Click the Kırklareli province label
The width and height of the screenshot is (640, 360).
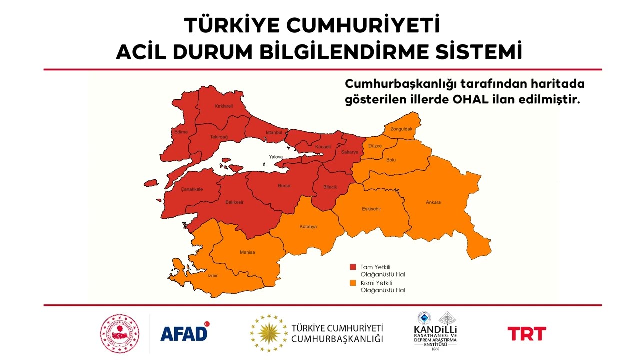[x=224, y=106]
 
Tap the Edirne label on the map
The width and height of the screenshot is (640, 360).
[x=180, y=132]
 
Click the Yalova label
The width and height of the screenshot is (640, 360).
[x=276, y=156]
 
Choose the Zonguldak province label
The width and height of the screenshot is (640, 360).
[x=401, y=129]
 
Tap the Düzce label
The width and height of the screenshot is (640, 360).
[x=375, y=146]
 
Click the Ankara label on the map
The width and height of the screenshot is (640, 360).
[x=433, y=202]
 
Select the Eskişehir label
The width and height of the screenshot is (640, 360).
[x=371, y=209]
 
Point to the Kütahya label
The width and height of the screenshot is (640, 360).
[x=308, y=226]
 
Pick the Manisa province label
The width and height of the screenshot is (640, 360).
[x=247, y=252]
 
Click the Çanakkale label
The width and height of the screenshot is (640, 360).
[x=192, y=190]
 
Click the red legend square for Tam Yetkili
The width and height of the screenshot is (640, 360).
[x=353, y=267]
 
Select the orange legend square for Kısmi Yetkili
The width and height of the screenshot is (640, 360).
[x=353, y=283]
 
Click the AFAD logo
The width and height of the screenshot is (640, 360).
[x=184, y=332]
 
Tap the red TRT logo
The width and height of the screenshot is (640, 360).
[x=527, y=333]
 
